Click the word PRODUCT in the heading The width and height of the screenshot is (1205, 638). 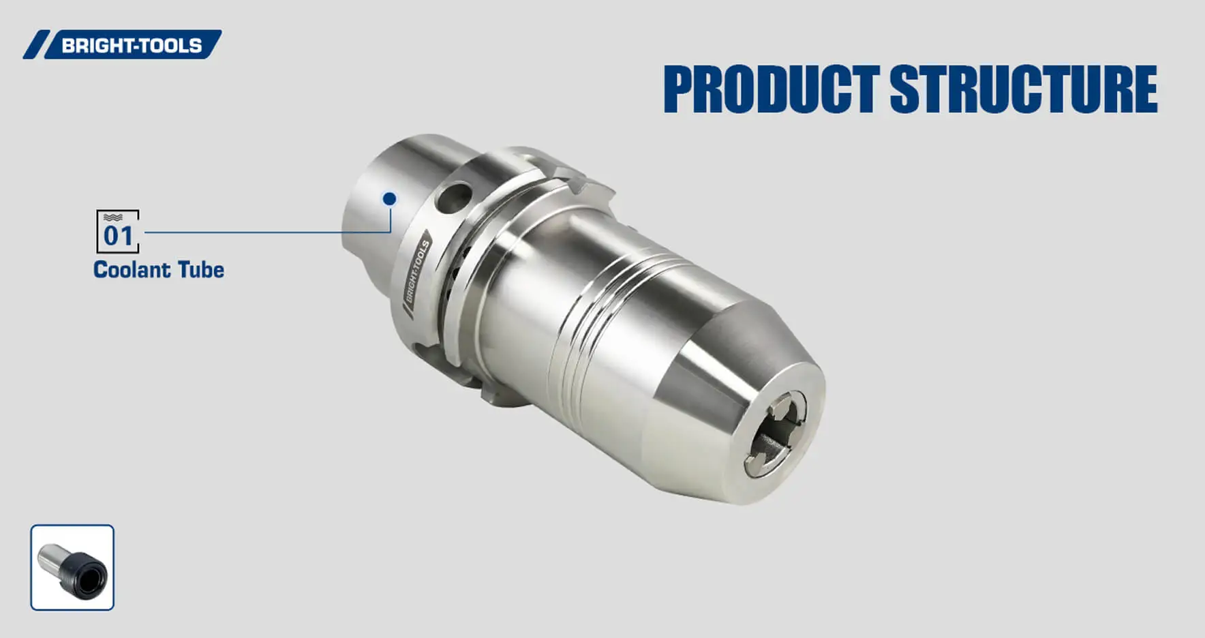point(771,89)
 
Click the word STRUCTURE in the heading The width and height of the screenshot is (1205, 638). point(1023,89)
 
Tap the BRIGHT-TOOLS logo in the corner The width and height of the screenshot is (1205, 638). point(123,45)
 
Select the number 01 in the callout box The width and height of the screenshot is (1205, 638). point(118,236)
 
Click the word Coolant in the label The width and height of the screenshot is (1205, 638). point(132,270)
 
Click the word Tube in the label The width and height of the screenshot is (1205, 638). point(201,270)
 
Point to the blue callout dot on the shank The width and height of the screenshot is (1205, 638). point(389,198)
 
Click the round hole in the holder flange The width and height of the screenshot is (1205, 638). point(453,197)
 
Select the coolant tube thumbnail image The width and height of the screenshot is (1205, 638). point(72,567)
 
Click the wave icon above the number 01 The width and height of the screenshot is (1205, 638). point(113,217)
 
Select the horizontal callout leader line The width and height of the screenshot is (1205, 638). point(266,232)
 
